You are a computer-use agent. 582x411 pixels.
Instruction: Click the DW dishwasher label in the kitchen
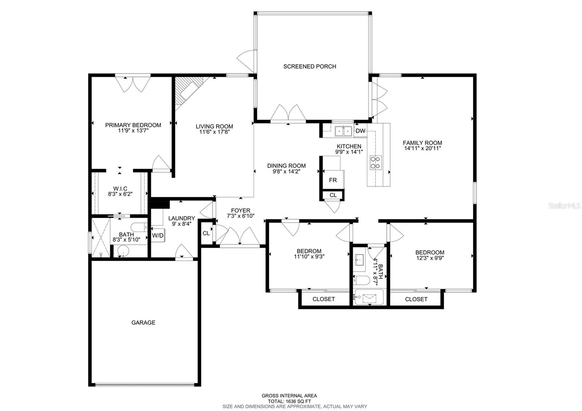[360, 131]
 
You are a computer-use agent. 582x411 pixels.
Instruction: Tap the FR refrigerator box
[333, 180]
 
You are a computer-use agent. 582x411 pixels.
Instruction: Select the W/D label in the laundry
[158, 236]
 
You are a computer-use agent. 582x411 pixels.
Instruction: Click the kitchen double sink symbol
[343, 131]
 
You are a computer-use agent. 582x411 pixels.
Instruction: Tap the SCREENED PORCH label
[310, 66]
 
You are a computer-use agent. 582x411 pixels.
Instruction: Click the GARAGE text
[143, 322]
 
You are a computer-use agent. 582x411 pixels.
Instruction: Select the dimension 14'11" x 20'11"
[422, 148]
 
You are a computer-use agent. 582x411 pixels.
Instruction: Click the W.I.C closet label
[120, 188]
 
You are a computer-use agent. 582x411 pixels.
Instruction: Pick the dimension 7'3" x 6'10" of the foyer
[240, 216]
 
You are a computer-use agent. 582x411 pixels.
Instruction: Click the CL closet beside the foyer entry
[206, 233]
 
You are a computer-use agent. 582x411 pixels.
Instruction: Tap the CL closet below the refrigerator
[333, 195]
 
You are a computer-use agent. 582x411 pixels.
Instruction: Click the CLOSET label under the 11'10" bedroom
[324, 299]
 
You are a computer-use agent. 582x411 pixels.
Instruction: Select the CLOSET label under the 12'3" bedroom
[416, 299]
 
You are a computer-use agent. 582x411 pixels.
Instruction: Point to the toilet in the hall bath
[362, 280]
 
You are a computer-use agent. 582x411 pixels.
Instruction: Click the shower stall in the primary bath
[100, 238]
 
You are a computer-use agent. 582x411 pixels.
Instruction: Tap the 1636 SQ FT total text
[289, 401]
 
